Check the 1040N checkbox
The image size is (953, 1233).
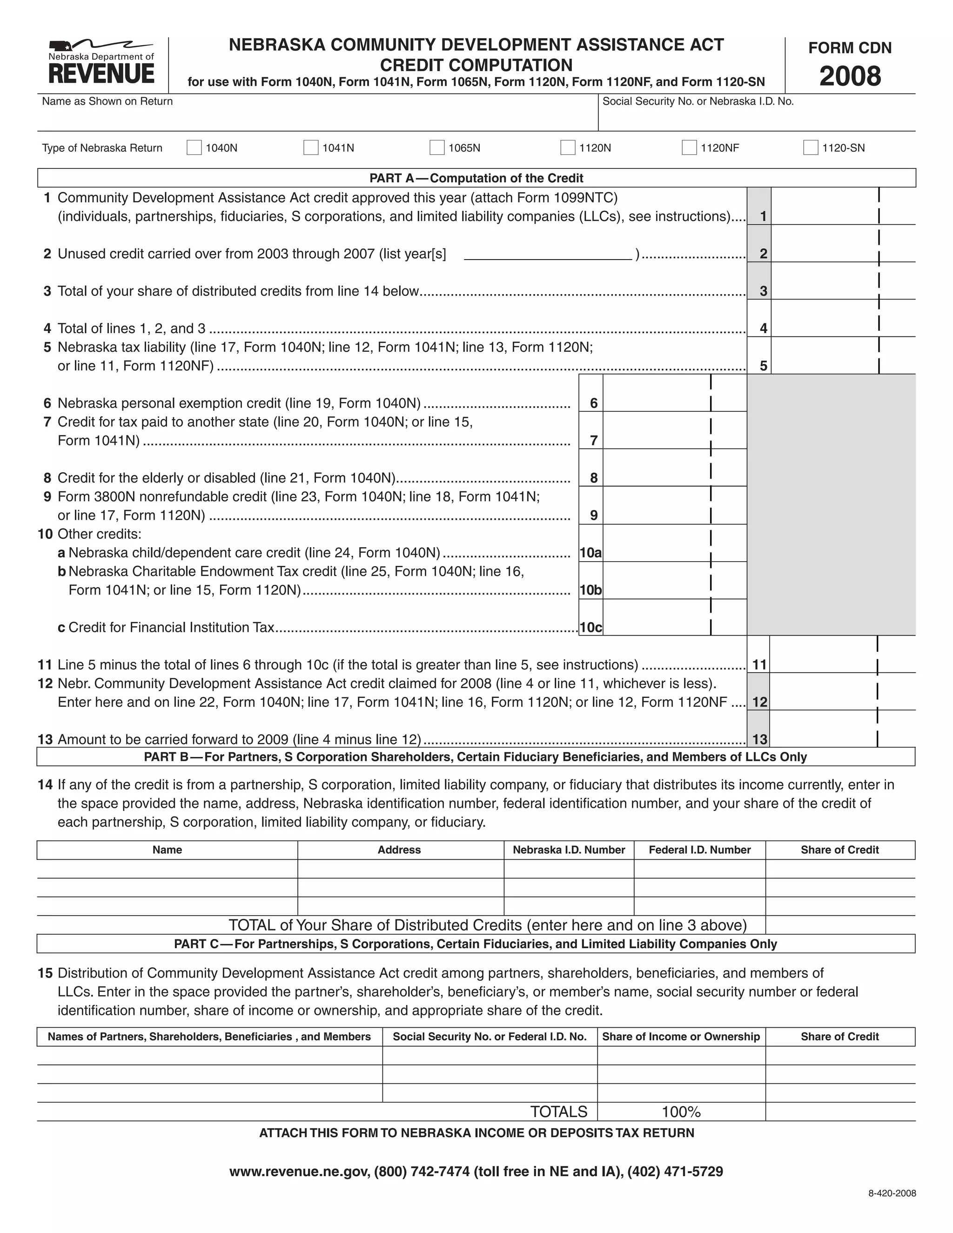point(194,148)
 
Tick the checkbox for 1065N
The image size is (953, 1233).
point(436,148)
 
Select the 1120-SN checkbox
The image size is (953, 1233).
point(810,148)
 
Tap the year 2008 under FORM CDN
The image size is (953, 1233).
point(850,76)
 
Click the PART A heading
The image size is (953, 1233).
point(476,178)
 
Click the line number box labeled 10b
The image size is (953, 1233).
point(591,590)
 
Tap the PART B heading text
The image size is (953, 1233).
point(476,757)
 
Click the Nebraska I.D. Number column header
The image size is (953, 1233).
point(569,850)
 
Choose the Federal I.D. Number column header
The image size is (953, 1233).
point(699,850)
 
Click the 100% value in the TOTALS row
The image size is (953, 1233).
point(681,1112)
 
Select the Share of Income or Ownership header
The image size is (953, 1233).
point(681,1037)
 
